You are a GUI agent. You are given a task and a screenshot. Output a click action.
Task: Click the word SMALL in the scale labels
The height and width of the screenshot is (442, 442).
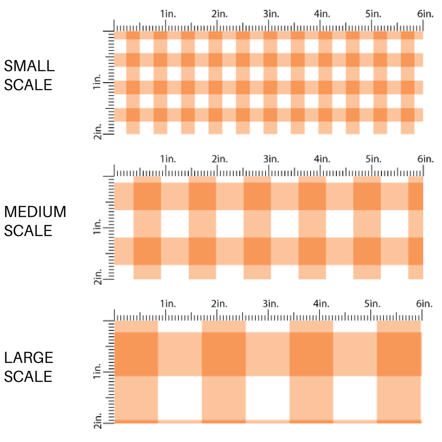[x=29, y=65]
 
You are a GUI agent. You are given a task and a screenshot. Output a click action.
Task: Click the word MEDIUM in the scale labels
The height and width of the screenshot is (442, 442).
[x=35, y=212]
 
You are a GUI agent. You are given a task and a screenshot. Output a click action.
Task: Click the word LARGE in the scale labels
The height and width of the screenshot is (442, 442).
[x=29, y=357]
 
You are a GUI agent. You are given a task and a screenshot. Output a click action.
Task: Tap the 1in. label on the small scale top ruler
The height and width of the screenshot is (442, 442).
[x=168, y=14]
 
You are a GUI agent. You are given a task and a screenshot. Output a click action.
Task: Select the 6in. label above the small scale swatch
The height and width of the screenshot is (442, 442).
[x=425, y=14]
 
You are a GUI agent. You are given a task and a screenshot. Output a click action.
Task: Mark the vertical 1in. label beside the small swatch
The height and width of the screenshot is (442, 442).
[x=97, y=84]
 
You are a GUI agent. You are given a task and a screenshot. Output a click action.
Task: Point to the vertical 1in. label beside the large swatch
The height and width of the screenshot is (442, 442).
[x=97, y=372]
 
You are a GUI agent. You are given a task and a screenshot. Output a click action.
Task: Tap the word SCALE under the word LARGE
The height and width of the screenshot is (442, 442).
[x=28, y=376]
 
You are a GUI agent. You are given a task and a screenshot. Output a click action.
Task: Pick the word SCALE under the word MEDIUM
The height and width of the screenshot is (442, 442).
[x=28, y=231]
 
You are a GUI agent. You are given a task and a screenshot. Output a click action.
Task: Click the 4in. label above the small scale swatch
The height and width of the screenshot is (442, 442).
[x=322, y=14]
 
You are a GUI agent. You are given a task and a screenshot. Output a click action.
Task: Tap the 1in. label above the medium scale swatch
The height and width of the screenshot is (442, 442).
[x=168, y=159]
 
